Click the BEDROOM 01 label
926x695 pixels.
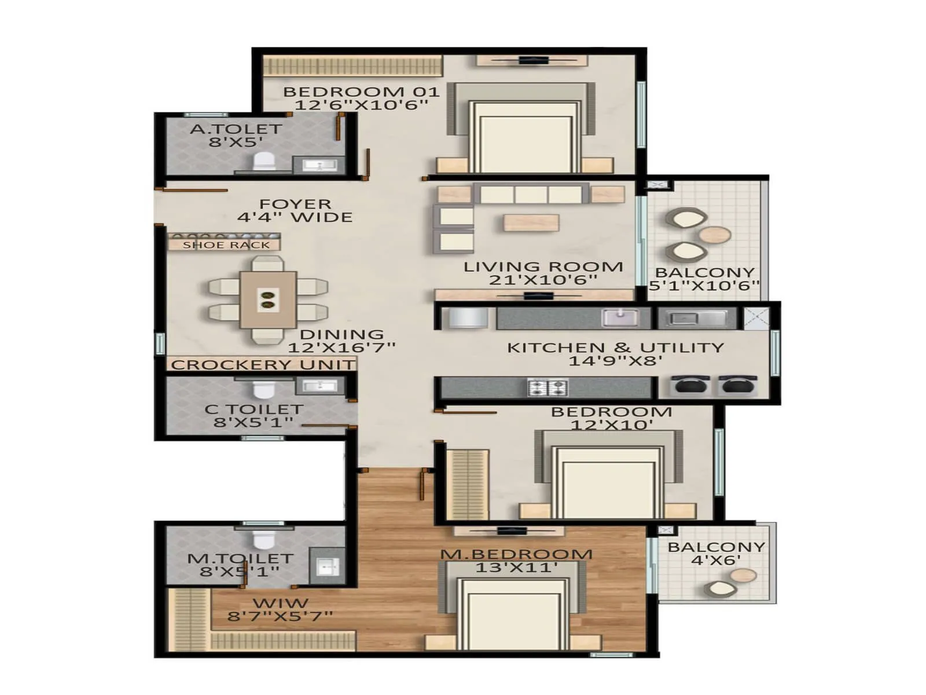tap(361, 92)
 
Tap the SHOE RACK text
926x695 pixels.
tap(226, 245)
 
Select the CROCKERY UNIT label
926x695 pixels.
tap(263, 365)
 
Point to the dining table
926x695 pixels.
tap(268, 300)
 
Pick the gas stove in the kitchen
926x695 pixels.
tap(547, 387)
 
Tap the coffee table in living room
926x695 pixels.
tap(531, 222)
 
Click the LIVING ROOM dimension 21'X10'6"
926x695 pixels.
tap(543, 280)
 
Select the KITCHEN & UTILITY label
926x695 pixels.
tap(615, 348)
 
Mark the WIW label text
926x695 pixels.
tap(280, 603)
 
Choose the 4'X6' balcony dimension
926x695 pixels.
tap(716, 560)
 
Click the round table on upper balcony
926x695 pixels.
tap(716, 235)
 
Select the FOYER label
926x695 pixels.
tap(295, 204)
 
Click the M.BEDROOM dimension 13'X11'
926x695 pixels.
tap(516, 568)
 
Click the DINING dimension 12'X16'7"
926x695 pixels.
tap(341, 348)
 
